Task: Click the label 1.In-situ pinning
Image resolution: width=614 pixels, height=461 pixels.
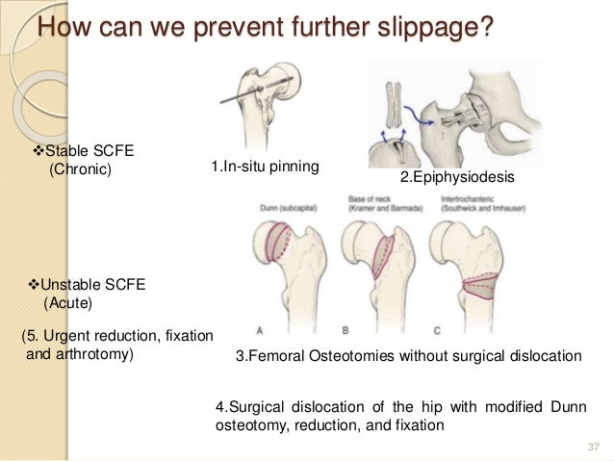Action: tap(265, 169)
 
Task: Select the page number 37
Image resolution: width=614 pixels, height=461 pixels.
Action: tap(591, 444)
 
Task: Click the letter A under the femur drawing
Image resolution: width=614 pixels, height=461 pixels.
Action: tap(260, 330)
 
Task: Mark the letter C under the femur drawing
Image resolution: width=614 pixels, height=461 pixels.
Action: tap(438, 330)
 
